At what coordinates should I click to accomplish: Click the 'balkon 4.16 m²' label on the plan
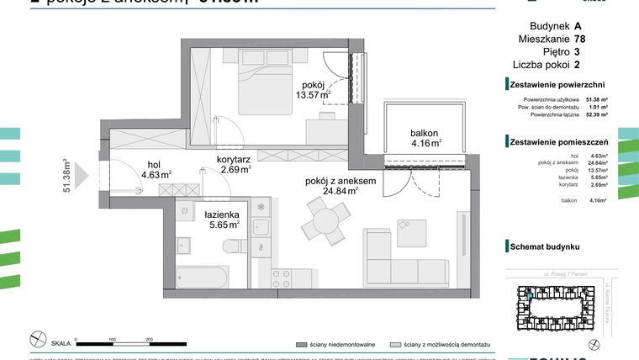(x=426, y=137)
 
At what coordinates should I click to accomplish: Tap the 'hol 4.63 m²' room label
(x=156, y=170)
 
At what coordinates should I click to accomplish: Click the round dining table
(x=321, y=224)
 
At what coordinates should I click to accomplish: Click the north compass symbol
(x=38, y=340)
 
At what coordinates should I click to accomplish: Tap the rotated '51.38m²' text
(x=66, y=177)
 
